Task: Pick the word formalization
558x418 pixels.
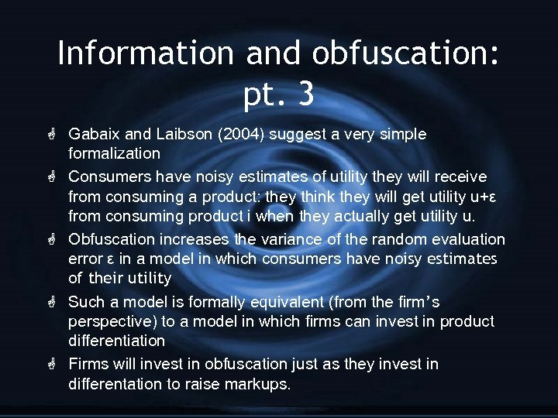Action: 114,153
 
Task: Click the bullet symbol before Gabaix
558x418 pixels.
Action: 54,134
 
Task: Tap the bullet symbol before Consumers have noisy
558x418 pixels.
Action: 54,177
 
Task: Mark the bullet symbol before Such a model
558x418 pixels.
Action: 54,302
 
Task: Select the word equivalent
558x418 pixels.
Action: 284,302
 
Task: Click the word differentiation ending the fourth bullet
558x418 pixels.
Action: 116,341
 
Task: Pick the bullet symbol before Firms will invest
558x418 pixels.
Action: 54,364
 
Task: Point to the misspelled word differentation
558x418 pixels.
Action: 115,384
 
